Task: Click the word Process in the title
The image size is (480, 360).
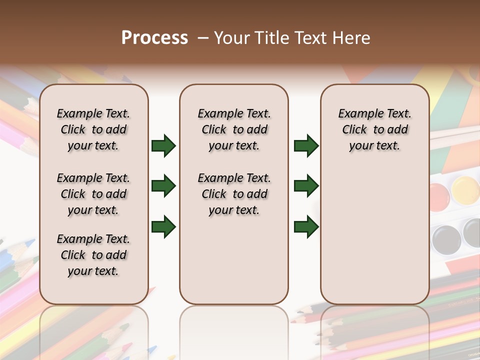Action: (154, 38)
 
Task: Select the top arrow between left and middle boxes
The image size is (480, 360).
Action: (163, 146)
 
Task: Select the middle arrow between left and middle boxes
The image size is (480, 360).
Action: (163, 186)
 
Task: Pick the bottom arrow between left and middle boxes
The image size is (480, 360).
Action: (163, 226)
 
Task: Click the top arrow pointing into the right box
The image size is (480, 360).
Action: (306, 146)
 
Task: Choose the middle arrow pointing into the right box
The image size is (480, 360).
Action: (306, 186)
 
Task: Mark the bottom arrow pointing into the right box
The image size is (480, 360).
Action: (306, 226)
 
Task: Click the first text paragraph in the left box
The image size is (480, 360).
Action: (93, 129)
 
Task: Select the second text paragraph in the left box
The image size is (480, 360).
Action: (93, 194)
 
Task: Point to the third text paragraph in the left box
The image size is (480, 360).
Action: (93, 255)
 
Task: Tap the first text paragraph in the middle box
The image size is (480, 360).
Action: (234, 129)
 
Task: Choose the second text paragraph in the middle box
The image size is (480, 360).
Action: (234, 194)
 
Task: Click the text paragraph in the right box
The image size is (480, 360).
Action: (374, 129)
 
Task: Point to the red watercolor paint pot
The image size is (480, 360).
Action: (438, 193)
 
